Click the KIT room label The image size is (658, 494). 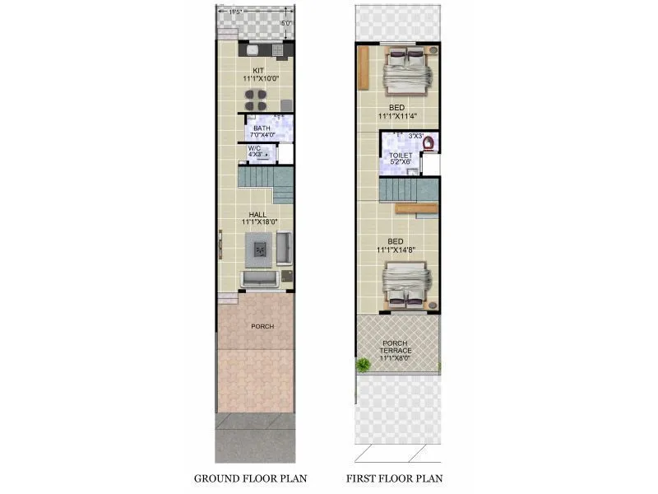coord(258,70)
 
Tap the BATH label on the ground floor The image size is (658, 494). coord(262,128)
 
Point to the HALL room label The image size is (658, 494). coord(258,214)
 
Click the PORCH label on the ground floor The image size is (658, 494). coord(262,326)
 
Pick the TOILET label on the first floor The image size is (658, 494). coord(401,155)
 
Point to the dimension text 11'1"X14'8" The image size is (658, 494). coord(399,249)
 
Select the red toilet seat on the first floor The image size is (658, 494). coord(429,142)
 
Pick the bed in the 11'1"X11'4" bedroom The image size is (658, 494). coord(406,70)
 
